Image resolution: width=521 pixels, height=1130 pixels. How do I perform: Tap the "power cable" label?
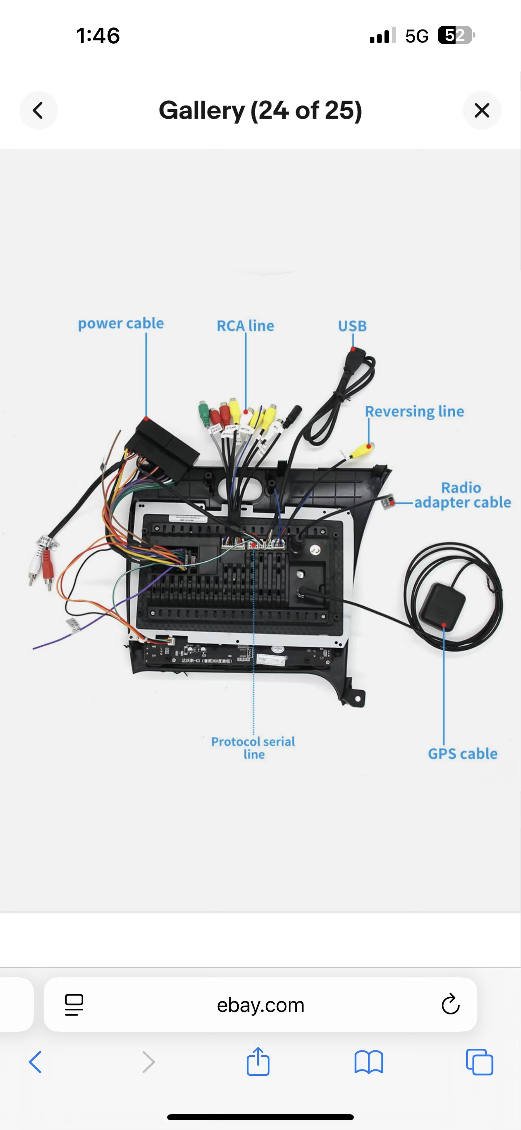point(121,324)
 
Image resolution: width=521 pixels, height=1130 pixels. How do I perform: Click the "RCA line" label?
point(245,326)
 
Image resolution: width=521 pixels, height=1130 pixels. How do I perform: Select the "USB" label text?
point(352,326)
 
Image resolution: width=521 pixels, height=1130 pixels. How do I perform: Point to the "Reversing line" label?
point(414,411)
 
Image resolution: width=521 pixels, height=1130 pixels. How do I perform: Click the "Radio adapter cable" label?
point(462,495)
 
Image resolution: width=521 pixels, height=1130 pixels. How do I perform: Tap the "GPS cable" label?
point(463,754)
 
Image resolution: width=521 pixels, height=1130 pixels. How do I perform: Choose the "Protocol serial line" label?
point(253,748)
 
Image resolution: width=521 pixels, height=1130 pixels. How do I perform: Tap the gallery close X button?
point(481,111)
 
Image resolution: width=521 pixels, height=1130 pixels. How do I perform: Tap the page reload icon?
point(450,1004)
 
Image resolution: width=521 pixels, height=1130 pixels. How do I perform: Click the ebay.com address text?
point(260,1005)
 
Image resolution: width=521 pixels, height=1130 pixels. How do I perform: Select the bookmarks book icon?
point(368,1062)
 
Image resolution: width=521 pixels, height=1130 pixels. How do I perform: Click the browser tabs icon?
point(479,1062)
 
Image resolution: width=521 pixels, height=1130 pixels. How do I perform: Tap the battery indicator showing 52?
point(456,36)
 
